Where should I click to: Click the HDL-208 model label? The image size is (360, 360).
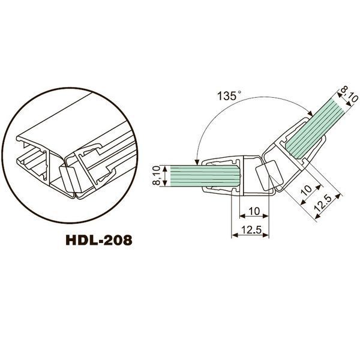99,240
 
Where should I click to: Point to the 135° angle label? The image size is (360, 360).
229,95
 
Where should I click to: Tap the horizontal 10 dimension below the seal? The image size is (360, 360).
254,211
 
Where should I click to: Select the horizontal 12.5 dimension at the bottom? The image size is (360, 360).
251,230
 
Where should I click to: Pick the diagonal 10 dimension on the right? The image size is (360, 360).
307,190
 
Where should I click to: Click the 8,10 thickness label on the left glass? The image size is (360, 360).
156,175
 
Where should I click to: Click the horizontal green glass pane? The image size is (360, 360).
205,176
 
